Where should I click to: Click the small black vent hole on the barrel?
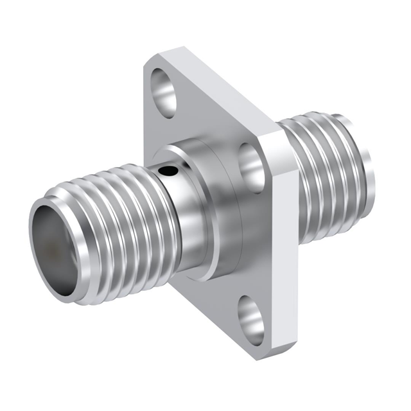(168, 171)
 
